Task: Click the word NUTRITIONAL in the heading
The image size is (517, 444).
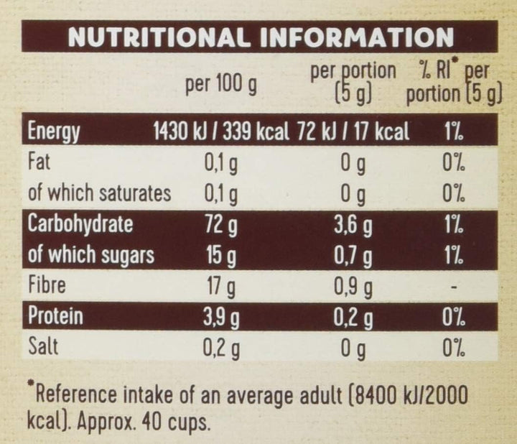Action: (x=158, y=37)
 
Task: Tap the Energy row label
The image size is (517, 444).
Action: (x=53, y=132)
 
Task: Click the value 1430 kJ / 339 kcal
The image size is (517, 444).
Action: (x=221, y=132)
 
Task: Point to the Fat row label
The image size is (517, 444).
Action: (x=39, y=163)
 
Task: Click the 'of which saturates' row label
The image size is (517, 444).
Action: (x=99, y=193)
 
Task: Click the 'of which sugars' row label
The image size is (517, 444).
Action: (x=91, y=255)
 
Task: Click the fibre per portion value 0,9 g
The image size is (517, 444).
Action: (x=353, y=287)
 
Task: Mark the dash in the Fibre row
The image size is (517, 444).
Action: (x=452, y=287)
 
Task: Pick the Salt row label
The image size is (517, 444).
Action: (x=42, y=347)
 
